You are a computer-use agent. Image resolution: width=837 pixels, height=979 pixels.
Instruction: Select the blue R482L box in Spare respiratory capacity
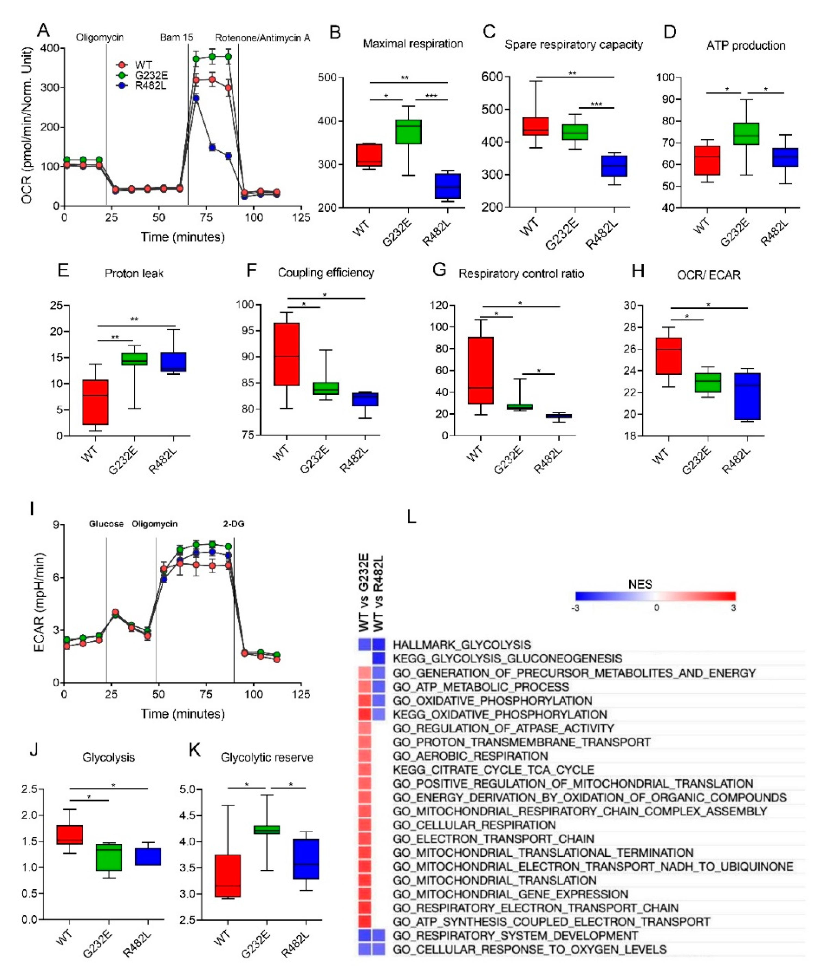[x=614, y=166]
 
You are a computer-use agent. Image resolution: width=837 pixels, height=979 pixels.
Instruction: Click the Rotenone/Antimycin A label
[x=262, y=38]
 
